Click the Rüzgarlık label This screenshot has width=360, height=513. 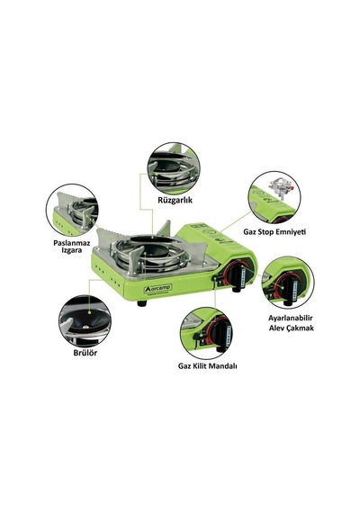pyautogui.click(x=175, y=200)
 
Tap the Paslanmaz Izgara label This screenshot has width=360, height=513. pyautogui.click(x=72, y=247)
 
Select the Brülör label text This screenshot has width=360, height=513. pyautogui.click(x=85, y=353)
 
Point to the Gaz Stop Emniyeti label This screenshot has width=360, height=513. pyautogui.click(x=274, y=232)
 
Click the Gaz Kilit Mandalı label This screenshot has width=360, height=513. pyautogui.click(x=208, y=365)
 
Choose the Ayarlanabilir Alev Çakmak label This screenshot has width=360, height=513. pyautogui.click(x=291, y=323)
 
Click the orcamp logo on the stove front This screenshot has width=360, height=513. pyautogui.click(x=158, y=289)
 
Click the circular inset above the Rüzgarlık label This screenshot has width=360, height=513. pyautogui.click(x=174, y=168)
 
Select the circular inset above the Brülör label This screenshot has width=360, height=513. pyautogui.click(x=85, y=321)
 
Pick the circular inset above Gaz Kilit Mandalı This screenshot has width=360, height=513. pyautogui.click(x=206, y=333)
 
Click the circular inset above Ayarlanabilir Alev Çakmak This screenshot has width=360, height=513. pyautogui.click(x=288, y=283)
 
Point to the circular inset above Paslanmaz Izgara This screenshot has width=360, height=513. pyautogui.click(x=72, y=210)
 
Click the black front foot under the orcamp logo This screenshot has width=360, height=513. pyautogui.click(x=141, y=303)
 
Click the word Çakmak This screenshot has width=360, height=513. pyautogui.click(x=299, y=328)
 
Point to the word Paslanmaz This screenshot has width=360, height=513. pyautogui.click(x=72, y=243)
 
